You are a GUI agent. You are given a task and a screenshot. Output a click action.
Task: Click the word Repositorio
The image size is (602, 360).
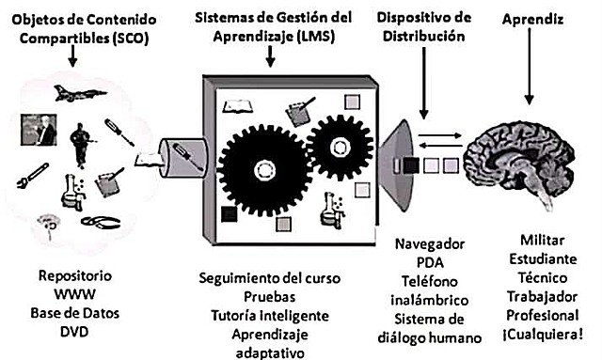[70, 278]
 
